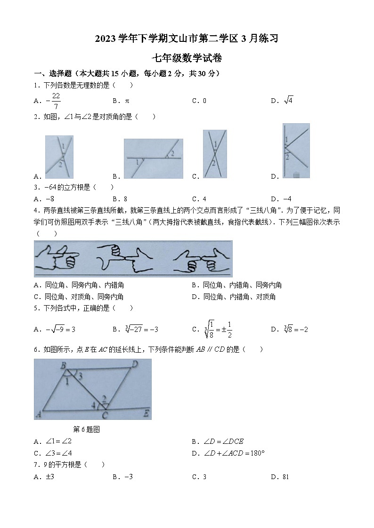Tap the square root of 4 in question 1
[x=289, y=100]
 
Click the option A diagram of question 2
[x=59, y=157]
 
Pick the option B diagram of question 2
[x=153, y=158]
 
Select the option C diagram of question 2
[x=215, y=154]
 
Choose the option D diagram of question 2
[x=296, y=150]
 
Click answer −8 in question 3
[x=49, y=198]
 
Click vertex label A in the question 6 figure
[x=38, y=415]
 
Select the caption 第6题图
[x=87, y=429]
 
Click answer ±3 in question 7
[x=49, y=477]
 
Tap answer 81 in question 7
[x=285, y=477]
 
